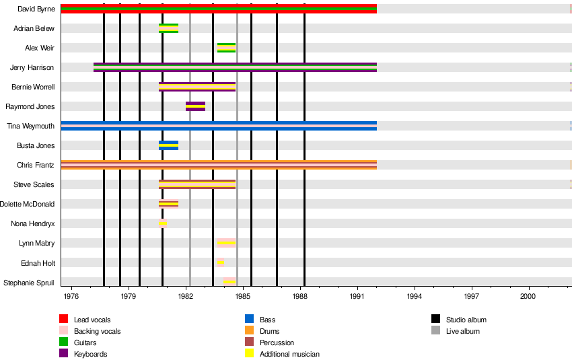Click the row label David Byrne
[36, 9]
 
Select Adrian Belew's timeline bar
[168, 28]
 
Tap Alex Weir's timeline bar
[226, 48]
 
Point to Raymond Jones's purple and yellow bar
[195, 106]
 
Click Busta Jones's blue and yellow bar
[168, 145]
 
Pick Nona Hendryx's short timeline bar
[162, 223]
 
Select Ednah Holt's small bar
[221, 262]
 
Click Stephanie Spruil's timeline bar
[229, 282]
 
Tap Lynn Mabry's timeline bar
[226, 243]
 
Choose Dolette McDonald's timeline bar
[168, 204]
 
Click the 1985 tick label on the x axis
[243, 295]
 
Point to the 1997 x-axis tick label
[472, 295]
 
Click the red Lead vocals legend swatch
[64, 319]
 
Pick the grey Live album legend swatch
[435, 330]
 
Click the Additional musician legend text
[289, 354]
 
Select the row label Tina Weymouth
[31, 126]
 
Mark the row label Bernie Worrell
[33, 87]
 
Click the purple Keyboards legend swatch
[64, 353]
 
